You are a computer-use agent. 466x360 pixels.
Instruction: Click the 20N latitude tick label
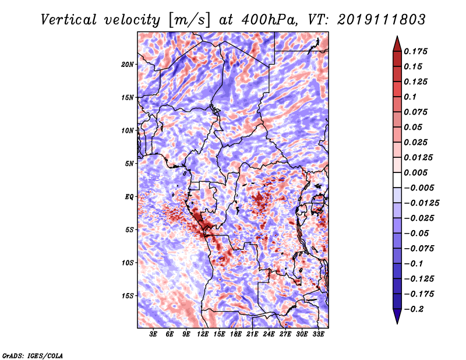[x=128, y=65]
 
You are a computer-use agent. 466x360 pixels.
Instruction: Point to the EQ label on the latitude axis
[x=129, y=197]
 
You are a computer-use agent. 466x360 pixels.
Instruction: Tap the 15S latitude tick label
[x=128, y=296]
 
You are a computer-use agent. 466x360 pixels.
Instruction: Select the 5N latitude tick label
[x=129, y=164]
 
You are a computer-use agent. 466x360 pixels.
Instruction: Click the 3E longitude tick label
[x=153, y=334]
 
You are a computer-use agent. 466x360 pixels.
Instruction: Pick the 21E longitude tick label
[x=252, y=334]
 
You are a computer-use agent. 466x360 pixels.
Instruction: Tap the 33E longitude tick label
[x=318, y=334]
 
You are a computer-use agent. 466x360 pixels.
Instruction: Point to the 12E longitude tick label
[x=203, y=334]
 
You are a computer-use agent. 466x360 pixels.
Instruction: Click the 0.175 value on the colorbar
[x=415, y=51]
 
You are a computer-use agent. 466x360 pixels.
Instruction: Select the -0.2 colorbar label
[x=414, y=309]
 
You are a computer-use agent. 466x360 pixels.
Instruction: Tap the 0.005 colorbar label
[x=415, y=172]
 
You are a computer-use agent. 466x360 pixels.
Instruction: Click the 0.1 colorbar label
[x=410, y=97]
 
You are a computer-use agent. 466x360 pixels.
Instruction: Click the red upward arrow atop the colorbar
[x=397, y=44]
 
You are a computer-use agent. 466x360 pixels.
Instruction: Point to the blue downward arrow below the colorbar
[x=397, y=316]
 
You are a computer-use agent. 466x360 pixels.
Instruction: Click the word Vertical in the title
[x=69, y=20]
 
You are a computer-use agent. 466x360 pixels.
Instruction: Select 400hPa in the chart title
[x=270, y=20]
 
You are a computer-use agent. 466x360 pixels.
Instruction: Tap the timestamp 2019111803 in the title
[x=382, y=20]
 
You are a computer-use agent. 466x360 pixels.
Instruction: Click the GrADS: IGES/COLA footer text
[x=33, y=356]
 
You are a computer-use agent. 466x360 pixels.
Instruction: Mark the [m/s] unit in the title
[x=190, y=20]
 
